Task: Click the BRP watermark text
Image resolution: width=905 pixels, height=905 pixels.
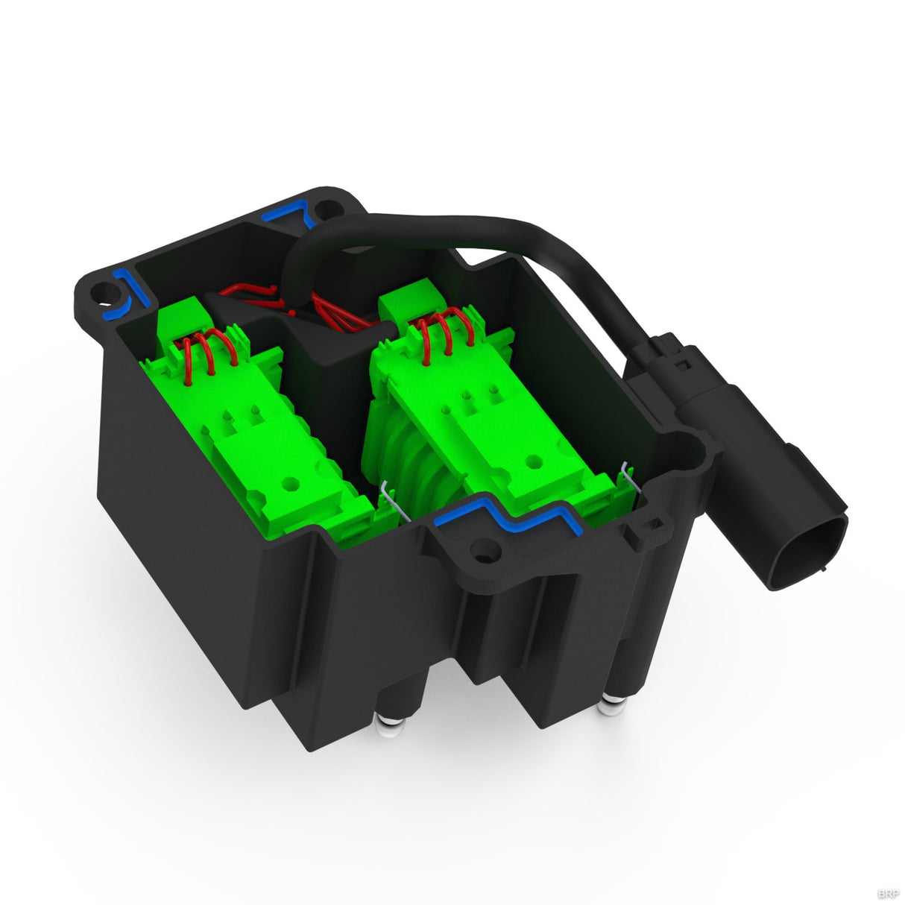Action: coord(889,892)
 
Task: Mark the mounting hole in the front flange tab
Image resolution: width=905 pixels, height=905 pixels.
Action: coord(485,553)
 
